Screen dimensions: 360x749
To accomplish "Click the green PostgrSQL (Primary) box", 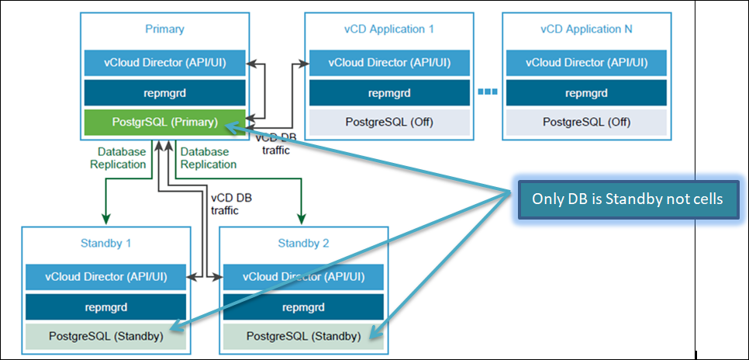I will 164,122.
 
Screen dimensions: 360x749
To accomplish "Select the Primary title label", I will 164,29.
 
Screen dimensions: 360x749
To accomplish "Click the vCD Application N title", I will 586,29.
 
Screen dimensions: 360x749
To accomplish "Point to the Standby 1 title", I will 105,244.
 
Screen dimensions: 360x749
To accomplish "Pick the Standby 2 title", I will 304,244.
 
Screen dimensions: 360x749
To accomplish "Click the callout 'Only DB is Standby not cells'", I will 627,199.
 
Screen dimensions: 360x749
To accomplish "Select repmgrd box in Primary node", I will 164,92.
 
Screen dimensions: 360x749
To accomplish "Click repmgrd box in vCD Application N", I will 586,92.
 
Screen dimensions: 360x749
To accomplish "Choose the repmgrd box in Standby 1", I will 107,306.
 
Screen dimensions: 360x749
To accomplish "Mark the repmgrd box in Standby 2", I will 304,306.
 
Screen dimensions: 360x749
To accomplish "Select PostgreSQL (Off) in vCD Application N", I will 586,122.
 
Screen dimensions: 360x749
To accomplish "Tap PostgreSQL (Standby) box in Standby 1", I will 107,336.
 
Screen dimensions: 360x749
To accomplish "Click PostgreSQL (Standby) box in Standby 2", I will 304,336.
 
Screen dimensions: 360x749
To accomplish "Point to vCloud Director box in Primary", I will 164,63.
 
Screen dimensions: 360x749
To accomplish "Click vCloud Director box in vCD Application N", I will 586,63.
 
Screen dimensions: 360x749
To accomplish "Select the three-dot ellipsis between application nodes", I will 486,92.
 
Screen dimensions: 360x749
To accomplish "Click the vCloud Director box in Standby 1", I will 107,277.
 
